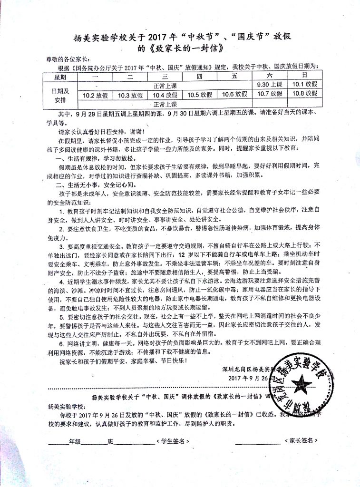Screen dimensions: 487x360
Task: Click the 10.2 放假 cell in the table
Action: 96,95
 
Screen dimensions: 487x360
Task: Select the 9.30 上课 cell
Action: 270,84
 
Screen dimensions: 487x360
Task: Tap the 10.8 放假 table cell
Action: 305,93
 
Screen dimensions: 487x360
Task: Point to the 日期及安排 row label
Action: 60,94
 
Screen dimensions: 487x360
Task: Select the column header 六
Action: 270,75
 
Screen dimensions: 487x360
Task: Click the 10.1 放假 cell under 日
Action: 305,84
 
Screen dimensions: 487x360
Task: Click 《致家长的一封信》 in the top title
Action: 186,48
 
